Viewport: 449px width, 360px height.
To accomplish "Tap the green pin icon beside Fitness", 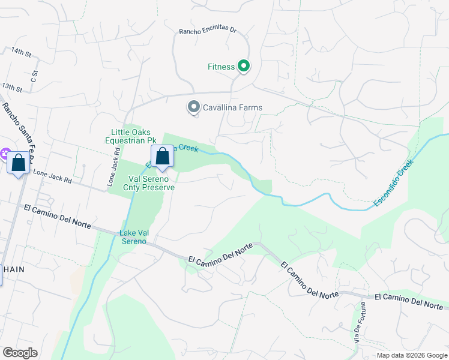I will click(243, 66).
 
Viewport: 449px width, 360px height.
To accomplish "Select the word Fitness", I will click(221, 67).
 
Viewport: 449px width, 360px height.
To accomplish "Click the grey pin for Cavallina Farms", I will click(193, 107).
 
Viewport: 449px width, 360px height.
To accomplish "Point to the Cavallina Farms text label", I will click(232, 108).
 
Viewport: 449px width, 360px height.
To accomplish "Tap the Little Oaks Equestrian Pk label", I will click(131, 137).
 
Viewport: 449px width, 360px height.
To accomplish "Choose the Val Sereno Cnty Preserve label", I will click(152, 183).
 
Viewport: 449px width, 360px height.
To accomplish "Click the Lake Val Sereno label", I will click(133, 237).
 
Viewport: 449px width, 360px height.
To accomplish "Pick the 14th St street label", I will click(20, 53).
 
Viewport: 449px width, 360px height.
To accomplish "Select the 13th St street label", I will click(12, 88).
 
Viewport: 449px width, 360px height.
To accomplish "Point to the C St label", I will click(35, 76).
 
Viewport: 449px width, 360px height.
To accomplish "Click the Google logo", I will click(19, 353).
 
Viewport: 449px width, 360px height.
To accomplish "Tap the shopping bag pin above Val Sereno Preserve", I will click(162, 157).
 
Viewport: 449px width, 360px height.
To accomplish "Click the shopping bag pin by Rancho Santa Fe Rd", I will click(18, 163).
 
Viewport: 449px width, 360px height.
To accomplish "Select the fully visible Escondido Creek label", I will click(393, 183).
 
